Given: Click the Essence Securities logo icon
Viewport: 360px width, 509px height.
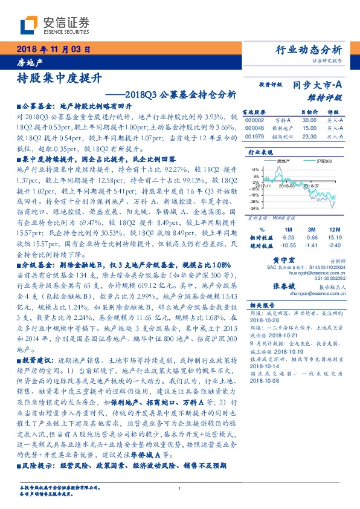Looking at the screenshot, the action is [28, 24].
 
